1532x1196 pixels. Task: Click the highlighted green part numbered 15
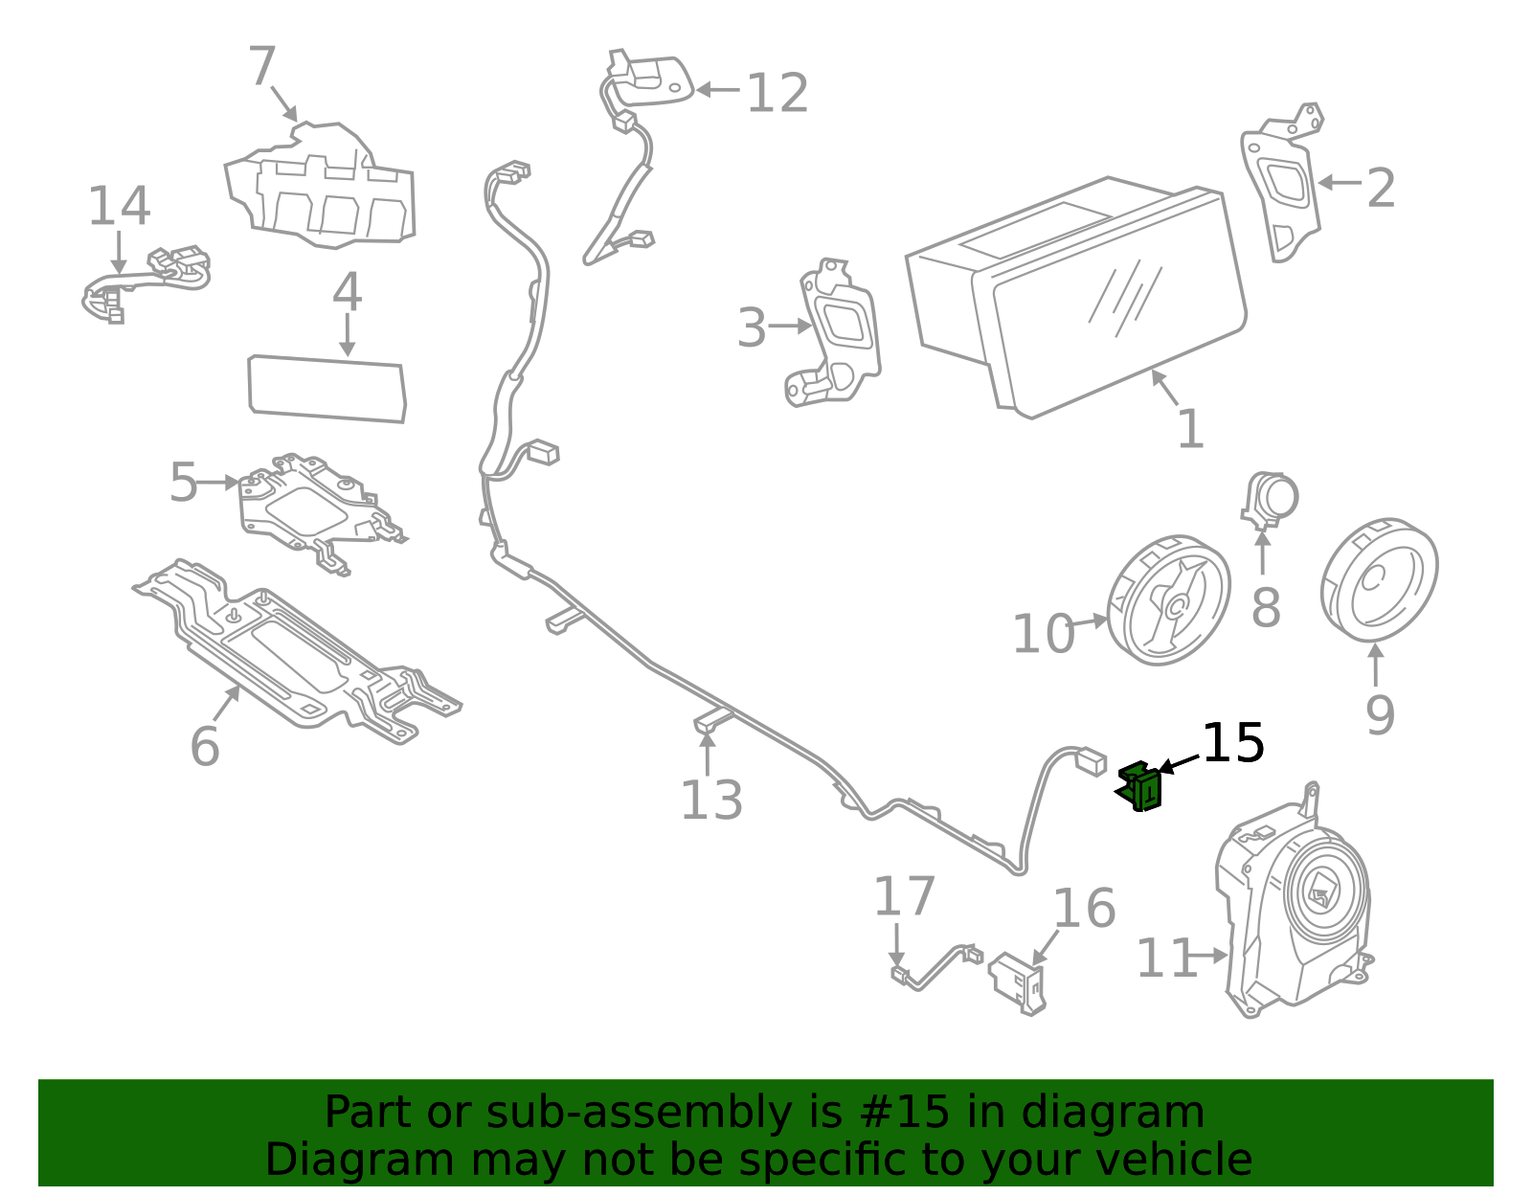1138,786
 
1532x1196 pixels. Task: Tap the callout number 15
1233,743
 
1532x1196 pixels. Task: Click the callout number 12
777,92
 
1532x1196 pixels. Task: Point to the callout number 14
119,206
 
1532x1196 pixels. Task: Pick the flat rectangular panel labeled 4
327,389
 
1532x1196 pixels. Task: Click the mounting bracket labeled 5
321,513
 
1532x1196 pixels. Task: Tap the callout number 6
205,746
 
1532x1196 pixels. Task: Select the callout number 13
711,801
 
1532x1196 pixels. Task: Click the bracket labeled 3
833,332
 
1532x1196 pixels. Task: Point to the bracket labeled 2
1280,183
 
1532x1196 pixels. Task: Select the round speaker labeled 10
1168,599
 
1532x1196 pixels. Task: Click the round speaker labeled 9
1379,580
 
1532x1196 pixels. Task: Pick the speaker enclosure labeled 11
1295,902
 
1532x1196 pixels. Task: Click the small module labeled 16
1018,983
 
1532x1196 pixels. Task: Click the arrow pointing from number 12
718,89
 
